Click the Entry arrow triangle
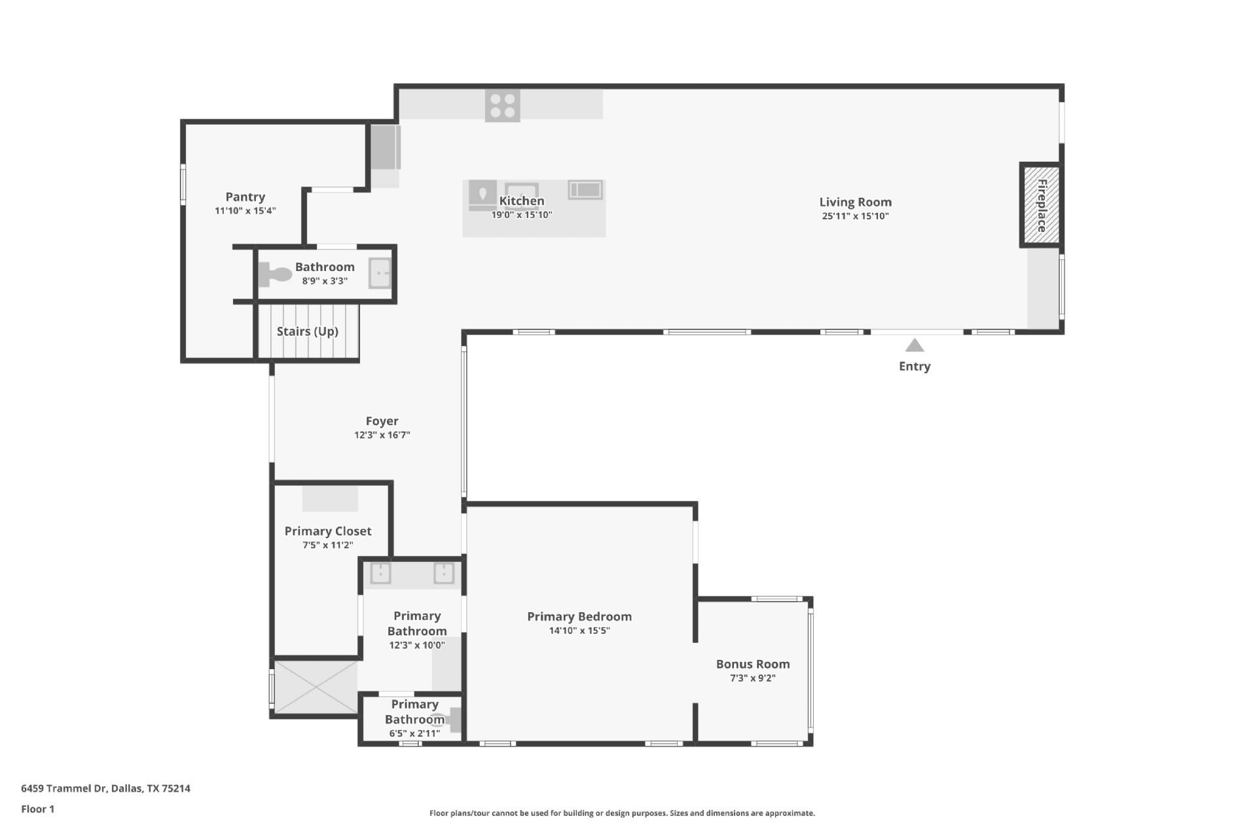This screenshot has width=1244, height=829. [914, 345]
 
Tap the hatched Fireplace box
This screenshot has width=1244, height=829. [1040, 205]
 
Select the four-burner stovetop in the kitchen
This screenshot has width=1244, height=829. [502, 106]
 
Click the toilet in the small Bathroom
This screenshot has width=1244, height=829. [275, 274]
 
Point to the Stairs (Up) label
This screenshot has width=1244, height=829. [307, 331]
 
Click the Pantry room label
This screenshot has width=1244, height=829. [245, 197]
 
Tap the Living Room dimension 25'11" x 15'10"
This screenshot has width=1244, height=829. [855, 216]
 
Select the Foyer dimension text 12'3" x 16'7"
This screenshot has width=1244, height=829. [382, 435]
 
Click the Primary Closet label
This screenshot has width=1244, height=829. [327, 531]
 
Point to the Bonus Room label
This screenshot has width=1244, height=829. [752, 664]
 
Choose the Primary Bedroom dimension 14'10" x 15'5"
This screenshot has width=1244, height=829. [579, 631]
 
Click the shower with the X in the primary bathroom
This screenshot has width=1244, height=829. [316, 687]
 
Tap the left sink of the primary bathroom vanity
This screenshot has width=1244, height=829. [380, 573]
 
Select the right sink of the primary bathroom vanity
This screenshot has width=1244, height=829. [444, 573]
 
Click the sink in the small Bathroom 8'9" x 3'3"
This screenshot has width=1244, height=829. [380, 273]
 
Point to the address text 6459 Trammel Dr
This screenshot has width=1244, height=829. [105, 788]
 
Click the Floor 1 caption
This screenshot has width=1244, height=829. [37, 809]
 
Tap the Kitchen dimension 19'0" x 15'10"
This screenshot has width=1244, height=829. [522, 215]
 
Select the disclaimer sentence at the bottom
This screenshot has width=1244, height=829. [621, 813]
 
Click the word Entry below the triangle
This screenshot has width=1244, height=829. [914, 367]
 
